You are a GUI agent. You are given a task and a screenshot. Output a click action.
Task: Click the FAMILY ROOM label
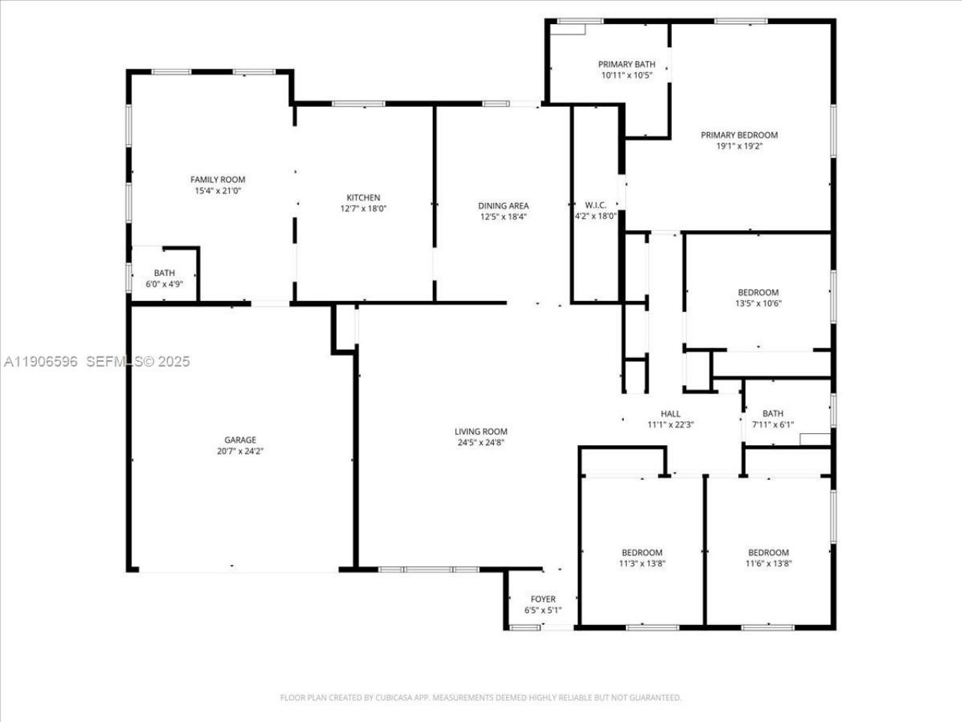click(217, 180)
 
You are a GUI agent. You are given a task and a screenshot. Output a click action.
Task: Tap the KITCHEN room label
click(363, 198)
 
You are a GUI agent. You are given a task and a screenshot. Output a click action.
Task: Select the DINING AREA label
click(504, 205)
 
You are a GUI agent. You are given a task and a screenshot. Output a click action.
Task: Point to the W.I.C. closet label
click(595, 205)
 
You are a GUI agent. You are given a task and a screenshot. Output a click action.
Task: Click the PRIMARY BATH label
click(626, 65)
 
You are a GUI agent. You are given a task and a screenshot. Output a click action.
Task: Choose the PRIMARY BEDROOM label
click(739, 135)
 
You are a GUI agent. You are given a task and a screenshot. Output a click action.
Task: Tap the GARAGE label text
click(240, 440)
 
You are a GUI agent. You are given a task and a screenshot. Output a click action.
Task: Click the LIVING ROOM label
click(481, 432)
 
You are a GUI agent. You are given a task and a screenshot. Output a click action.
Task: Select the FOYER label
click(543, 599)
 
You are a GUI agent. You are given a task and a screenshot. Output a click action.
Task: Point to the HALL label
click(670, 414)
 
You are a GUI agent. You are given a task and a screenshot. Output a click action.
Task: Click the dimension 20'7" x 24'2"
click(240, 451)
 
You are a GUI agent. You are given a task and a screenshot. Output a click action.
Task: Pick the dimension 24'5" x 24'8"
click(481, 443)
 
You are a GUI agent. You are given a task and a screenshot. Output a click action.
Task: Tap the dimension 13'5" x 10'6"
click(758, 304)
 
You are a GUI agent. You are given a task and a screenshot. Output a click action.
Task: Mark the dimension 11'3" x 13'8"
click(642, 563)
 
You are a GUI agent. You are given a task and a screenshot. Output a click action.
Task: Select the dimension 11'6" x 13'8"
click(768, 563)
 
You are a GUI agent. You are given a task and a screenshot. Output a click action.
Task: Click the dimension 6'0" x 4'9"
click(165, 284)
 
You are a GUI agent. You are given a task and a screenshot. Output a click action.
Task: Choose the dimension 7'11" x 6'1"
click(773, 425)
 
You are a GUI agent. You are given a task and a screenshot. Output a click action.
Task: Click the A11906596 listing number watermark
click(41, 362)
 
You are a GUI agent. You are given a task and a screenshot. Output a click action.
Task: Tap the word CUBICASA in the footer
click(392, 698)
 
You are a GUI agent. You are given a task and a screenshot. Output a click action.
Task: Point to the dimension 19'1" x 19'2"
click(739, 147)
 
